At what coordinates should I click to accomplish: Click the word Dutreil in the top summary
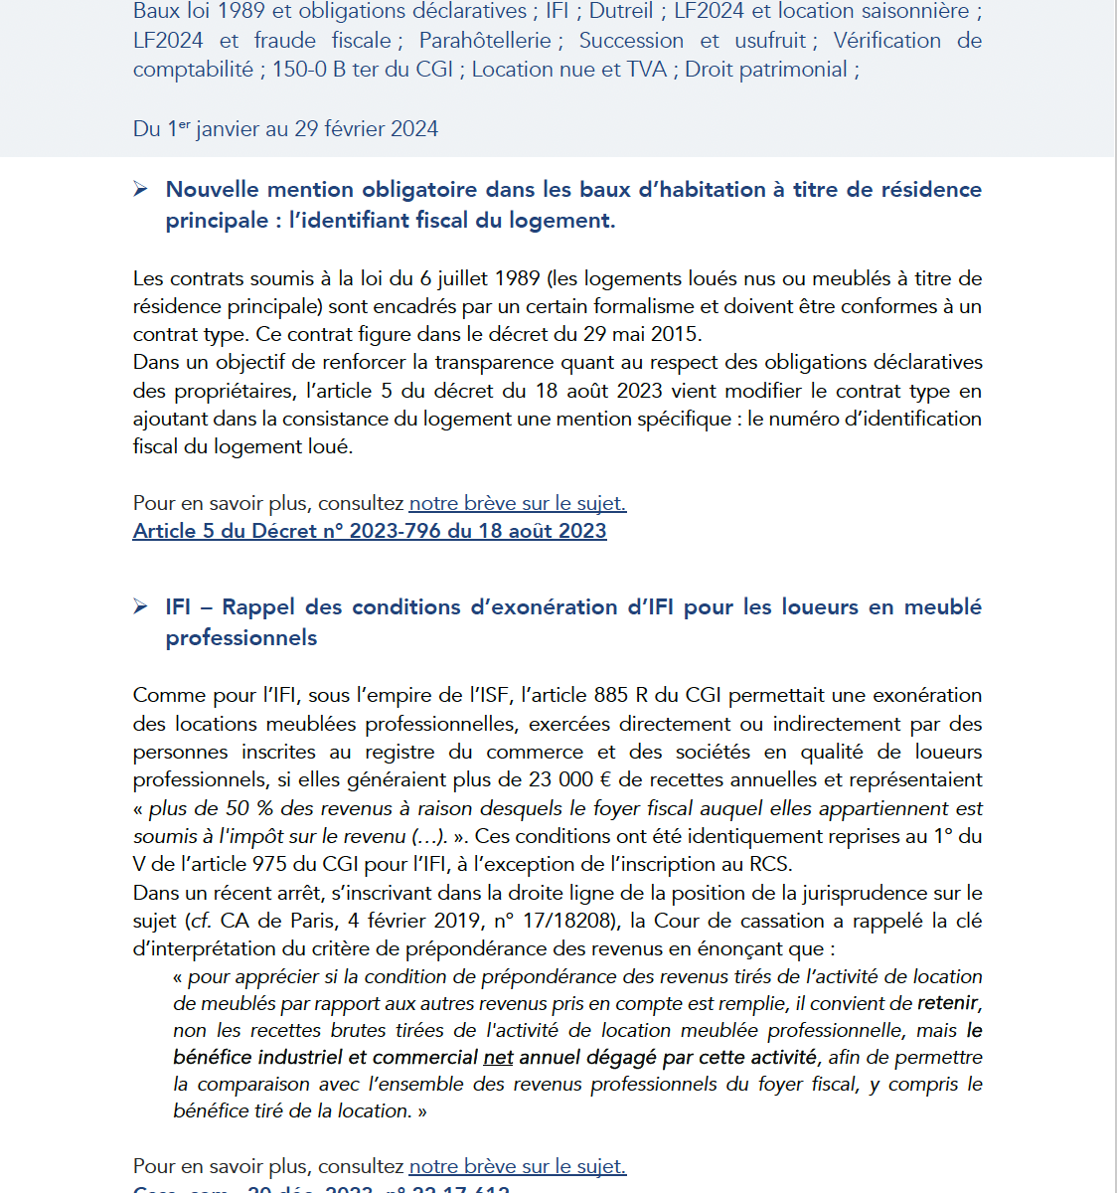pyautogui.click(x=621, y=12)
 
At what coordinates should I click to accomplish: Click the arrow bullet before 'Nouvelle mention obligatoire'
pyautogui.click(x=141, y=189)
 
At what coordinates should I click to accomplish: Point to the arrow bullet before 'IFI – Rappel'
pyautogui.click(x=141, y=606)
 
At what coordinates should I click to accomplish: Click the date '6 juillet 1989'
pyautogui.click(x=479, y=278)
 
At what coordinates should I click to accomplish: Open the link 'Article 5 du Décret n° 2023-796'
pyautogui.click(x=370, y=531)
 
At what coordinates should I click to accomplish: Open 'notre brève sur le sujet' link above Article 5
pyautogui.click(x=517, y=503)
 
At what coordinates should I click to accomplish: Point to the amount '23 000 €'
pyautogui.click(x=565, y=779)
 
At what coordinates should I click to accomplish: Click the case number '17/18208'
pyautogui.click(x=563, y=921)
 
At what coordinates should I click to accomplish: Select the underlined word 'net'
pyautogui.click(x=498, y=1057)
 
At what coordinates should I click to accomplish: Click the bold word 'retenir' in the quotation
pyautogui.click(x=948, y=1003)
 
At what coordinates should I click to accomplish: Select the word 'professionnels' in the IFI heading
pyautogui.click(x=241, y=637)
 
